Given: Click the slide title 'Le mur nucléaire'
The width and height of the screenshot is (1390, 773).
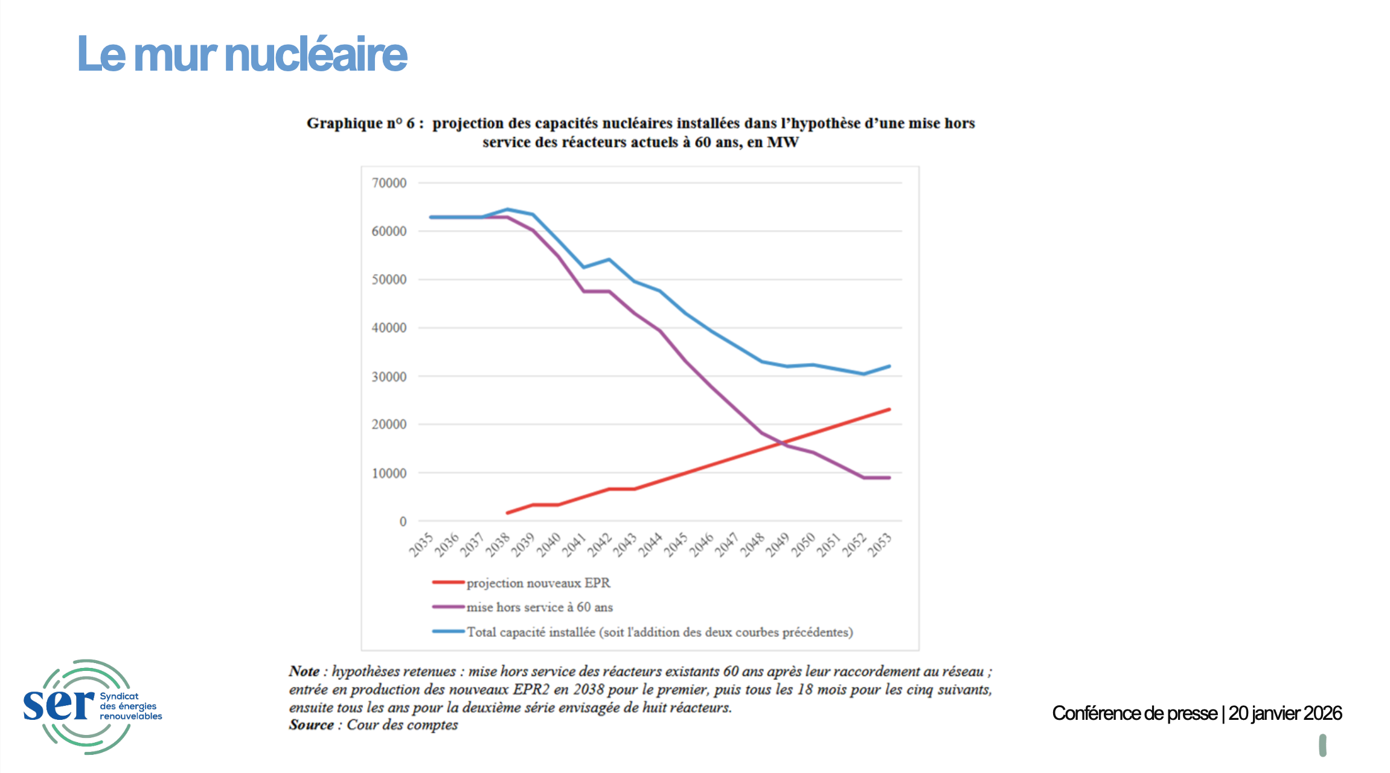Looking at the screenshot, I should point(242,54).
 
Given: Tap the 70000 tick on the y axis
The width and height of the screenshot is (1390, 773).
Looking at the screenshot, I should point(389,183).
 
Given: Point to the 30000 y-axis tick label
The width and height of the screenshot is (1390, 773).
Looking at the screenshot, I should point(389,377).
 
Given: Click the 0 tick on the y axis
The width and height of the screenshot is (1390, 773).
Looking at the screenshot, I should point(403,521).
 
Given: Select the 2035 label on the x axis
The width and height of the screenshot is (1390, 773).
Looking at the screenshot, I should point(421,545).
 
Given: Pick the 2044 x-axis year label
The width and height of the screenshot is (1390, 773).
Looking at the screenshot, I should point(651,545).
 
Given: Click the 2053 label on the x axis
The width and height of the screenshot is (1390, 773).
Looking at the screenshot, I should point(880,545).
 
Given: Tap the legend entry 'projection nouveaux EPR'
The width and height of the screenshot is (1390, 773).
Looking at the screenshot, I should point(538,583).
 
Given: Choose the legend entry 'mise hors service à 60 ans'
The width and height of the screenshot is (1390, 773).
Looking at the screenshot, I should point(539,607).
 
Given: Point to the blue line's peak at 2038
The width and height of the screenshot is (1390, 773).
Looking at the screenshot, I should point(507,210).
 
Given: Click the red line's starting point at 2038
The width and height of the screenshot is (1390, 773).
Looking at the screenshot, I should point(507,513).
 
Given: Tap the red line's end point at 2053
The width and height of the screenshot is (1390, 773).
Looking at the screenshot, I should point(889,409).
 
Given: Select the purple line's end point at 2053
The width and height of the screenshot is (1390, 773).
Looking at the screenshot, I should point(889,478).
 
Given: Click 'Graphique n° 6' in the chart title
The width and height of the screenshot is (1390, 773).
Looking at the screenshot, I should point(360,123).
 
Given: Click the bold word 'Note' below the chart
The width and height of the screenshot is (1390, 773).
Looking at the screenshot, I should point(304,671).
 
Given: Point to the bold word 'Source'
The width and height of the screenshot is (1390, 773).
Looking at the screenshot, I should point(311,725).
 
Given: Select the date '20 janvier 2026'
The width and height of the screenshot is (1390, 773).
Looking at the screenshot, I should point(1285,713).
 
